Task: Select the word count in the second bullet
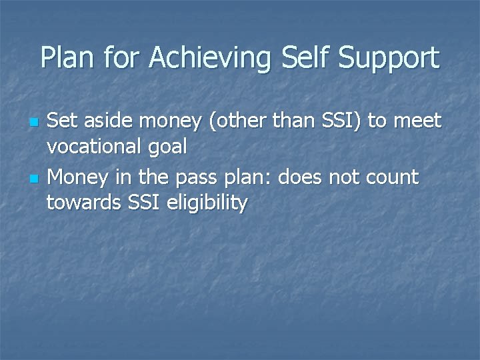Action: [393, 178]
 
